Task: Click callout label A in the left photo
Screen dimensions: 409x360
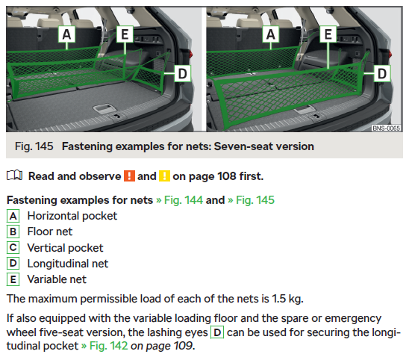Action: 66,34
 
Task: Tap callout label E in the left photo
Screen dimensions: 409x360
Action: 125,34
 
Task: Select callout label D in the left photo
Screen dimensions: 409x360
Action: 182,74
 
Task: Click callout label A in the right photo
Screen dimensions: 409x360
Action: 271,34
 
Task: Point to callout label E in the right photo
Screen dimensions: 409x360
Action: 328,34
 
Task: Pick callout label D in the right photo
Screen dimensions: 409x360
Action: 382,74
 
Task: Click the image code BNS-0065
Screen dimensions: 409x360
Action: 386,128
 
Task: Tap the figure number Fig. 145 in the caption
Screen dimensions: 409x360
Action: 34,146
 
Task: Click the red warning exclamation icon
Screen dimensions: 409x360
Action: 129,176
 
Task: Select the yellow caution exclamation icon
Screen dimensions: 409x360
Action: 165,176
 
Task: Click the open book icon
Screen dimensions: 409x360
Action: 15,176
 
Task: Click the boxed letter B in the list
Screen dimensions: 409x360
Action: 13,232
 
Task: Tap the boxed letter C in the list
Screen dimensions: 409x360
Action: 13,248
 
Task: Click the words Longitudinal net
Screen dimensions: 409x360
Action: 68,264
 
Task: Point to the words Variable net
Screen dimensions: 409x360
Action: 57,279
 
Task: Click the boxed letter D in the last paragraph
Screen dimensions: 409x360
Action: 217,332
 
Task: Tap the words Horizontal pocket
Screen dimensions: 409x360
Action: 72,216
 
